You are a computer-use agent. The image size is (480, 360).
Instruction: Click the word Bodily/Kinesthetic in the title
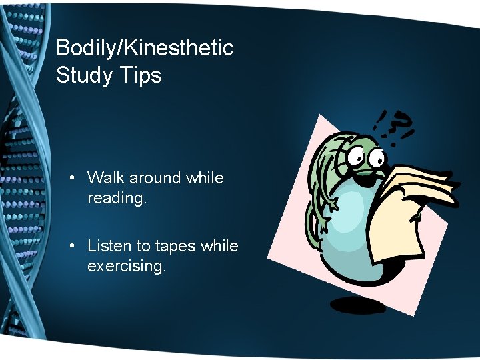145,48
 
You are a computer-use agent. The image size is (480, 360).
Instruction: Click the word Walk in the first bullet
106,178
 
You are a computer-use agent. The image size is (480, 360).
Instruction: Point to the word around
155,178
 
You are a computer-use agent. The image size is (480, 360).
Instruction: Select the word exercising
127,267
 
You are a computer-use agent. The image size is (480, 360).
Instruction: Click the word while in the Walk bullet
205,178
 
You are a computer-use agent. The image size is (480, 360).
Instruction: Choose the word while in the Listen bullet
219,246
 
